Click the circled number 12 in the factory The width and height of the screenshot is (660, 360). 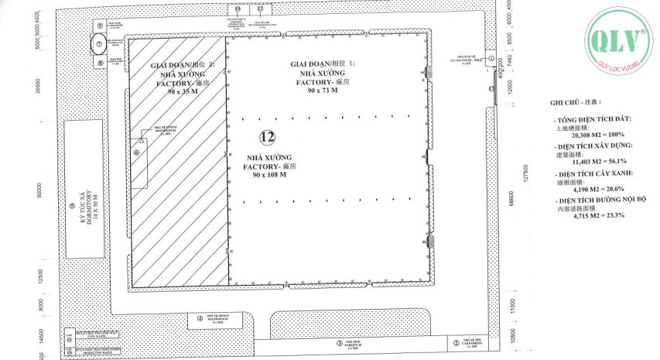click(268, 137)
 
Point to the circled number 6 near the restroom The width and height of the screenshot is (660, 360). click(137, 153)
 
